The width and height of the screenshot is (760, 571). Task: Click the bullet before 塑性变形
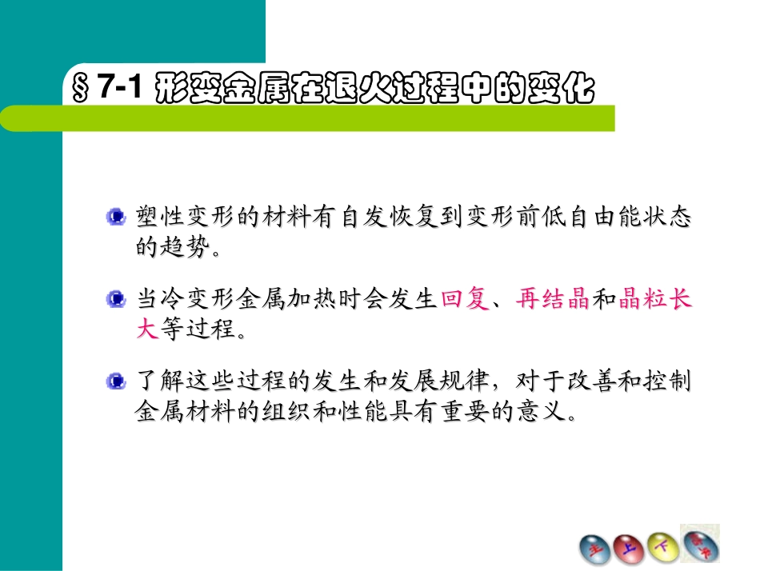(x=117, y=217)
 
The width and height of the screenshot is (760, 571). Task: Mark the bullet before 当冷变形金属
(x=117, y=300)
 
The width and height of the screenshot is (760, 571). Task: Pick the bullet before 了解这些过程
(x=117, y=382)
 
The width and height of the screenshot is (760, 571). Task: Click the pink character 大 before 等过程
(x=146, y=329)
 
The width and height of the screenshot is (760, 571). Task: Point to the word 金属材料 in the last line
(x=183, y=412)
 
